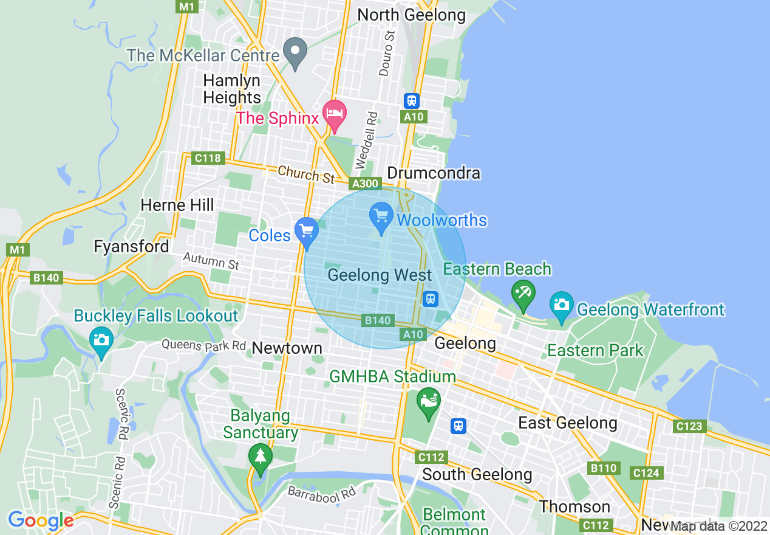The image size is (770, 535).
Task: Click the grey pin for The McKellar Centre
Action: tap(296, 52)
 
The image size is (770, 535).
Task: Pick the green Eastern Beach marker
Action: tap(522, 294)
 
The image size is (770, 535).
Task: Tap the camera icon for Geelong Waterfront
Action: tap(561, 306)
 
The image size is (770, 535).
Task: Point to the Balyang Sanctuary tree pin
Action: tap(261, 458)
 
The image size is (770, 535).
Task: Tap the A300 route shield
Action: tap(366, 184)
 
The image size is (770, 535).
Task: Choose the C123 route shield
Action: tap(689, 426)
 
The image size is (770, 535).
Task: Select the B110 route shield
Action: tap(603, 468)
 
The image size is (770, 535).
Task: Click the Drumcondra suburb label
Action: tap(434, 173)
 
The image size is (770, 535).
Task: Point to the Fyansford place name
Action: tap(131, 246)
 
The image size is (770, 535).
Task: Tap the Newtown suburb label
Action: tap(287, 348)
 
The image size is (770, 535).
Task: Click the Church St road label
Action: tap(306, 174)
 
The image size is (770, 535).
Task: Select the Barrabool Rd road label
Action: tap(322, 492)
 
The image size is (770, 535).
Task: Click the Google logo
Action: tap(40, 521)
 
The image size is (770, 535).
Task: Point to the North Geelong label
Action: tap(412, 15)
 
